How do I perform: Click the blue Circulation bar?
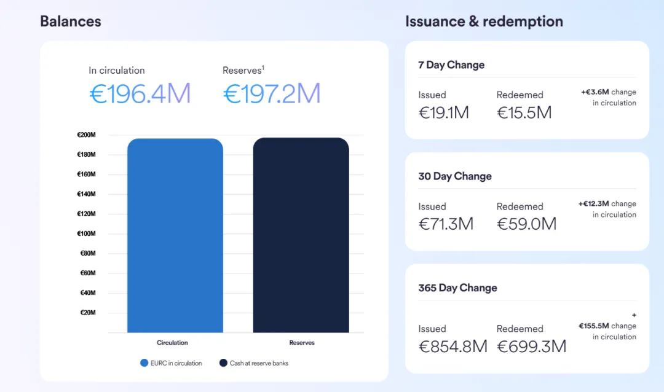175,236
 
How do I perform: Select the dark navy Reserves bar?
301,236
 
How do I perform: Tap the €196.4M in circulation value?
140,93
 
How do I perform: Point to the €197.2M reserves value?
272,93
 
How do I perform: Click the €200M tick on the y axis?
86,135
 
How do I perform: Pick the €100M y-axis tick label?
86,233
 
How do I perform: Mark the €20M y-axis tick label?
87,313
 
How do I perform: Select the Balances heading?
71,22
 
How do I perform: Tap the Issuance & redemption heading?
484,22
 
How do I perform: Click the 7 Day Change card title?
451,65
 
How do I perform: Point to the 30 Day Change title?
455,176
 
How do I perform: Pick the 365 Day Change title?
457,288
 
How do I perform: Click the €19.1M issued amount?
444,112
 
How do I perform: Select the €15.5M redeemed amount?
524,112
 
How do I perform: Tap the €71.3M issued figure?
446,224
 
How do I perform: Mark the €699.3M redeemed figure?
531,347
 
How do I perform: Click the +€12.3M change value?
594,203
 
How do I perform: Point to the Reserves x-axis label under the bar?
302,342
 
